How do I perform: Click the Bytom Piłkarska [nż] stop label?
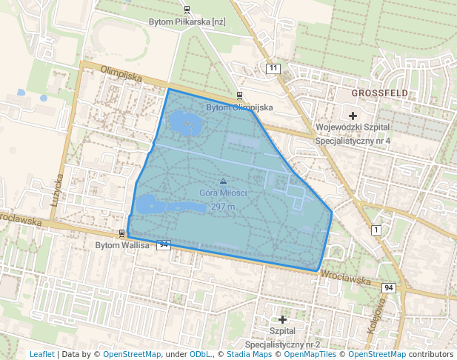pyautogui.click(x=187, y=22)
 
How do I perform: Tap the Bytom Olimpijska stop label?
pyautogui.click(x=239, y=107)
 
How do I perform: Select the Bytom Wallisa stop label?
pyautogui.click(x=122, y=244)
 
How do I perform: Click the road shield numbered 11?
pyautogui.click(x=274, y=69)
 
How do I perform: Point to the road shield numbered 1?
pyautogui.click(x=376, y=230)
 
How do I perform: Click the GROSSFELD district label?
pyautogui.click(x=380, y=93)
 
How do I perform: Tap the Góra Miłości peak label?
pyautogui.click(x=223, y=193)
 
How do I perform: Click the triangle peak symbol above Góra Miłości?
pyautogui.click(x=223, y=181)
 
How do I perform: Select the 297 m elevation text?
pyautogui.click(x=223, y=207)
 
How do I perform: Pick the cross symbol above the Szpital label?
pyautogui.click(x=282, y=319)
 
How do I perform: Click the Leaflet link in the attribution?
pyautogui.click(x=41, y=354)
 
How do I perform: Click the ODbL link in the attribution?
pyautogui.click(x=200, y=354)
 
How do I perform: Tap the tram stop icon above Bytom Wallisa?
pyautogui.click(x=122, y=233)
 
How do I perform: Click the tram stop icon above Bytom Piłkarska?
pyautogui.click(x=187, y=10)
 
